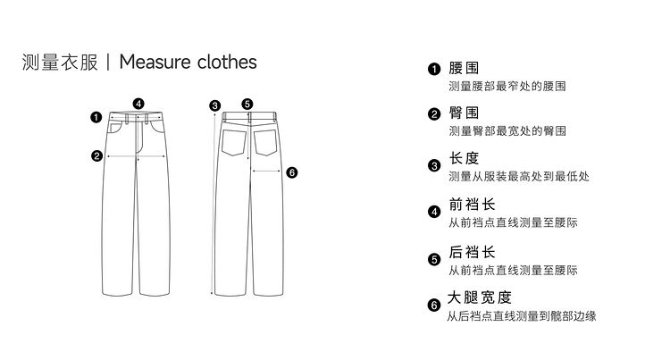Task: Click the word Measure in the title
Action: [154, 62]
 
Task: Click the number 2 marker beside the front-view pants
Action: [96, 155]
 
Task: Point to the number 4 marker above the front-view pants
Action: [138, 102]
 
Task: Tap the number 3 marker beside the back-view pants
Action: [214, 105]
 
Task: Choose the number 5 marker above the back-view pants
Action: [247, 104]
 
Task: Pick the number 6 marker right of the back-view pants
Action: [291, 172]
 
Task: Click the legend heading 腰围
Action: [464, 69]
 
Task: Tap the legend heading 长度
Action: [464, 158]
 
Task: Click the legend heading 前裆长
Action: [471, 205]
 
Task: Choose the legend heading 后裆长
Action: [471, 252]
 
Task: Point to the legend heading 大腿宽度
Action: [479, 297]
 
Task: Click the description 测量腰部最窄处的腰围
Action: [507, 87]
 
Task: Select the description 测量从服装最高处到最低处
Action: [518, 176]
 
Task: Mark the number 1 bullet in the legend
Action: [434, 70]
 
